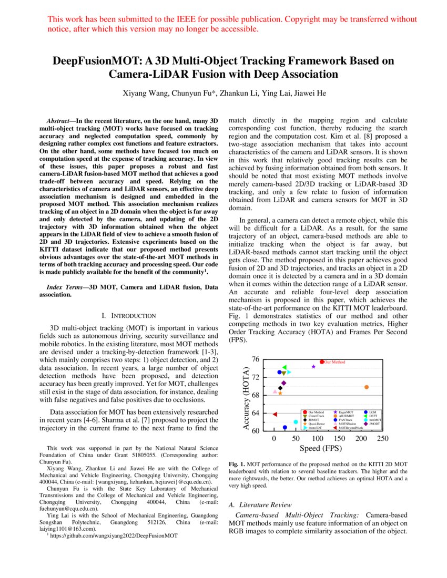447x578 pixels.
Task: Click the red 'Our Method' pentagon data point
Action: [322, 362]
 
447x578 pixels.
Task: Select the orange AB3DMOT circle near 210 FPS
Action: [367, 387]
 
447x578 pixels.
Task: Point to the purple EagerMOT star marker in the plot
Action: [314, 367]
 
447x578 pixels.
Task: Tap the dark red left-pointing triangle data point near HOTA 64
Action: [275, 414]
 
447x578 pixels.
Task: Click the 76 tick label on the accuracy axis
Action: [256, 359]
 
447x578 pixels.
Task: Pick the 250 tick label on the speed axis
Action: [383, 438]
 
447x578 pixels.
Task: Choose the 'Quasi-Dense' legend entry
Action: [317, 424]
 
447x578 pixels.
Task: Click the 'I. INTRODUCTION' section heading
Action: [129, 316]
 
